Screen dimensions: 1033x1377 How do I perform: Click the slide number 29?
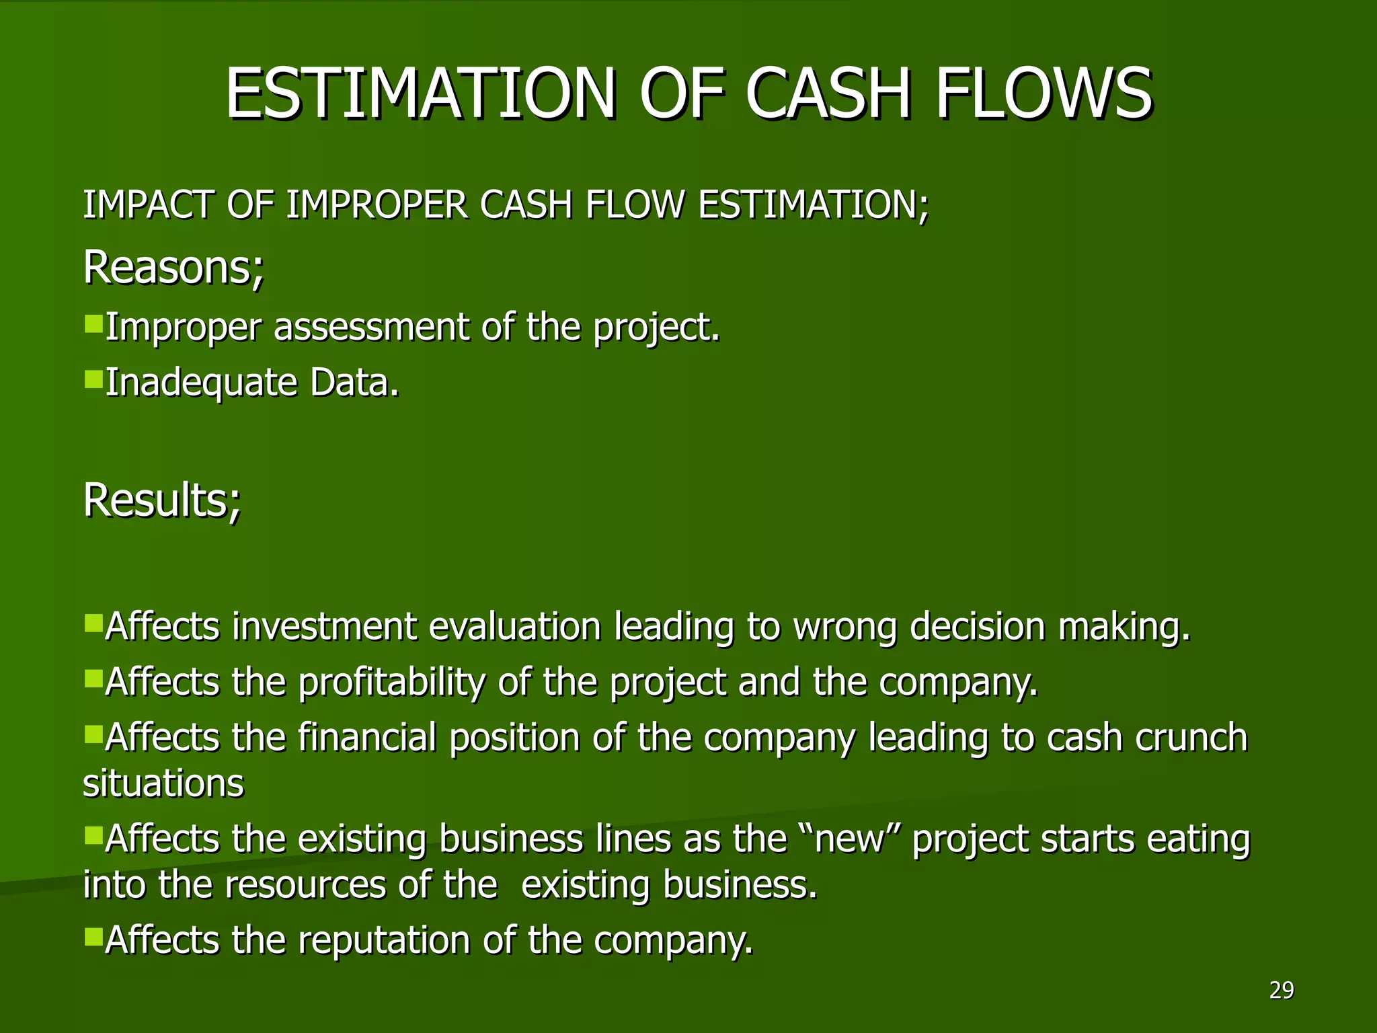pyautogui.click(x=1282, y=990)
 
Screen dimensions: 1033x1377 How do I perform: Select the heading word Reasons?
pyautogui.click(x=173, y=268)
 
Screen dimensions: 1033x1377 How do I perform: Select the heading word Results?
pyautogui.click(x=162, y=500)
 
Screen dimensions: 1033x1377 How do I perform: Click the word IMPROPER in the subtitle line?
pyautogui.click(x=377, y=204)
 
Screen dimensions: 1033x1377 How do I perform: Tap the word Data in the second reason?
pyautogui.click(x=354, y=383)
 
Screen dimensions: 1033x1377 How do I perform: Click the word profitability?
pyautogui.click(x=391, y=682)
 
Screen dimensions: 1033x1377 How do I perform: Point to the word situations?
pyautogui.click(x=163, y=783)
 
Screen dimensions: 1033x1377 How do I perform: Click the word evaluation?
pyautogui.click(x=514, y=627)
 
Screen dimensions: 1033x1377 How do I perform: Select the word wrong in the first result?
pyautogui.click(x=845, y=627)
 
